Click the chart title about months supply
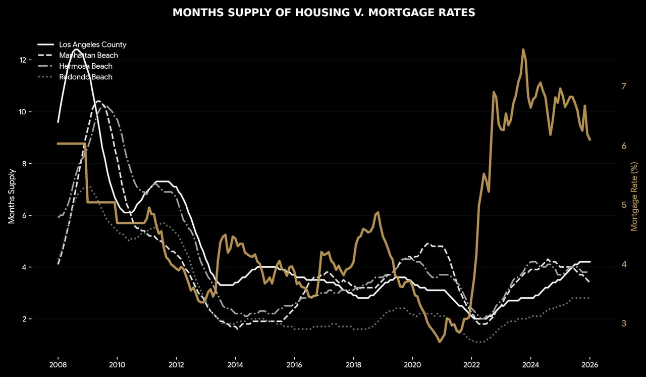pos(324,13)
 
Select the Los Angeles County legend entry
pos(92,44)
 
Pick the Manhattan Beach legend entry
pos(88,55)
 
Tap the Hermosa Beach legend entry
pos(85,66)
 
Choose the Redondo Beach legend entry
pos(85,77)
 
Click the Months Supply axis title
pos(12,196)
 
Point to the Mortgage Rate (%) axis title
pos(634,196)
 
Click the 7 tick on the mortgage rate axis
pos(624,86)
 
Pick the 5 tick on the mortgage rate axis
pos(624,205)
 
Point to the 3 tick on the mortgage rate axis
pos(624,323)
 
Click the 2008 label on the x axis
pos(58,364)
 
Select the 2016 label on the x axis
pos(294,364)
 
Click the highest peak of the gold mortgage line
pos(523,49)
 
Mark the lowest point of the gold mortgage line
pos(439,342)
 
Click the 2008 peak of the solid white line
pos(76,49)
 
